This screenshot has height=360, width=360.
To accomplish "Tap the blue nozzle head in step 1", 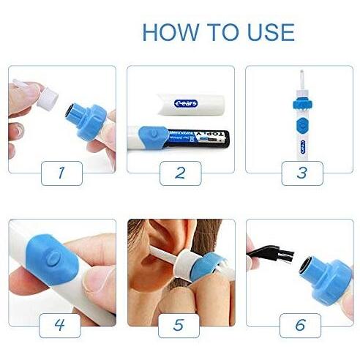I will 92,114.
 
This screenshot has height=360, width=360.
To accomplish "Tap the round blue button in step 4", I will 54,257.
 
